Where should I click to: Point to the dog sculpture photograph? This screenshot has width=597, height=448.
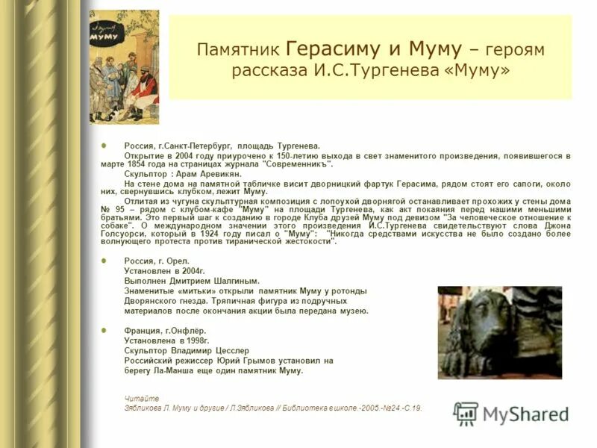[x=499, y=332]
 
